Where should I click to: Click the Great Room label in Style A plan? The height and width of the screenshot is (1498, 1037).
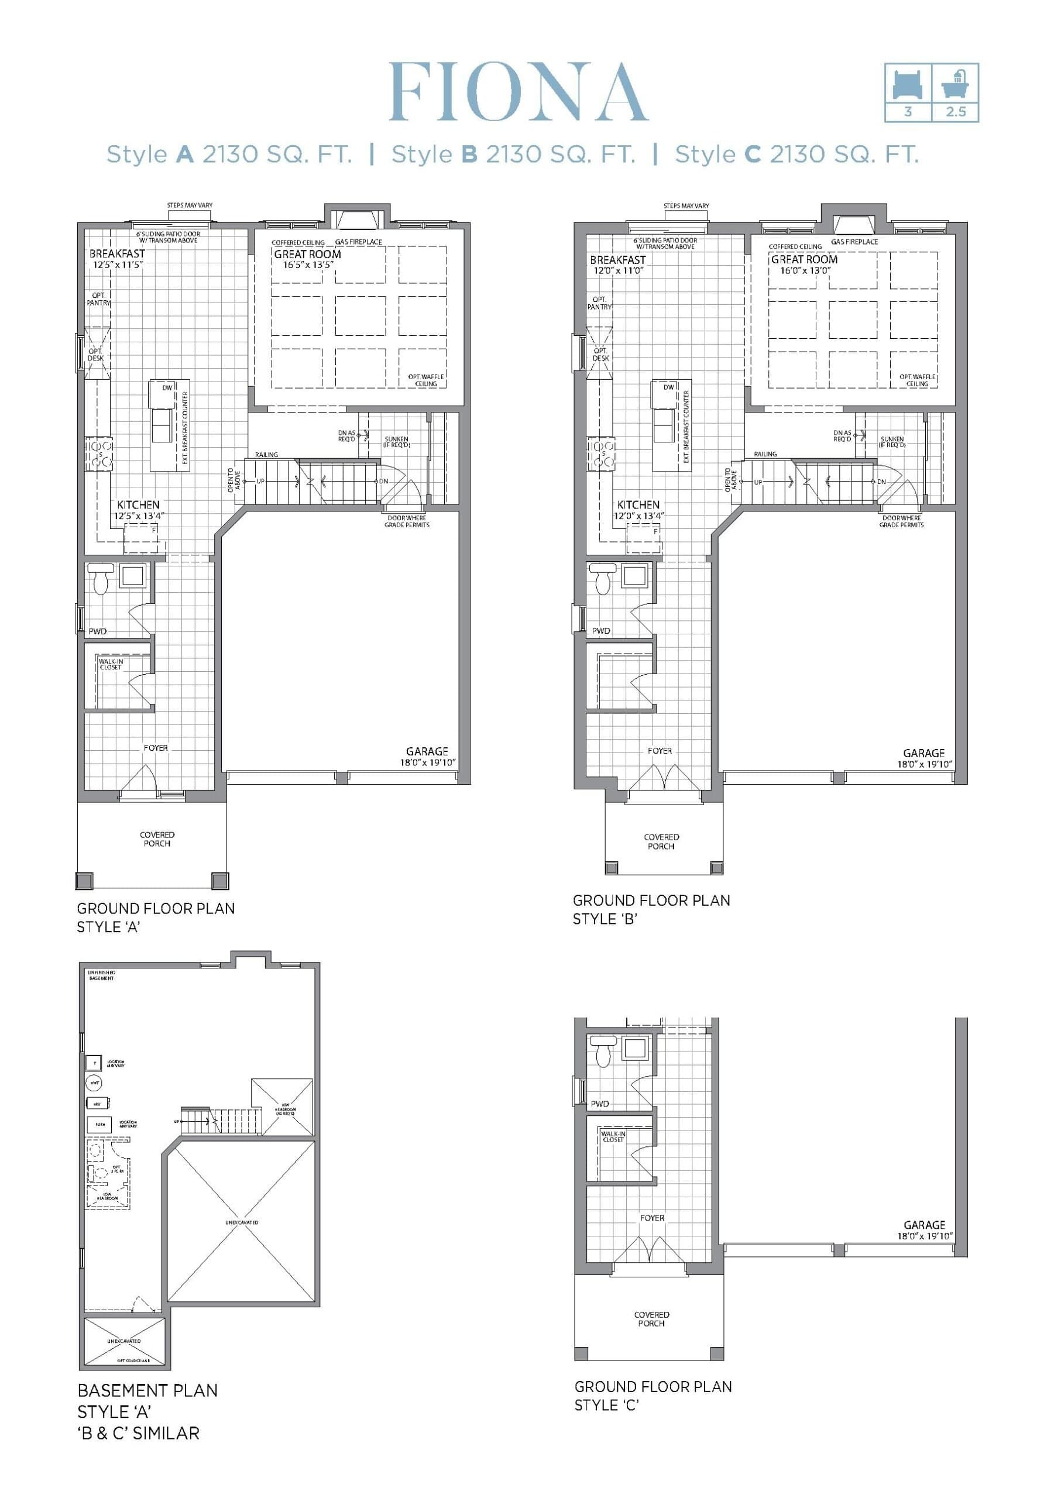coord(307,255)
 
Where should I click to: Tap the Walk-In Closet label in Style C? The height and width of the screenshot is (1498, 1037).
coord(613,1137)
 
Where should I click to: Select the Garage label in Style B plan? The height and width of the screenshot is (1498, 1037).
coord(923,754)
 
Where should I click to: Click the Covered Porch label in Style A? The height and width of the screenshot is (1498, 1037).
coord(157,839)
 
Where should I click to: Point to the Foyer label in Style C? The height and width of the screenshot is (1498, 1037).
coord(652,1218)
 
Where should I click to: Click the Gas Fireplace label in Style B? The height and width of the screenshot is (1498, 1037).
coord(854,242)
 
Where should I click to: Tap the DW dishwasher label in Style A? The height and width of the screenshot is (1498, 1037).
coord(167,388)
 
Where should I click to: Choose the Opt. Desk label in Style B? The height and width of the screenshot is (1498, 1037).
coord(600,354)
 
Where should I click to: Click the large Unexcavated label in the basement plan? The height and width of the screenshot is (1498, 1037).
coord(242,1222)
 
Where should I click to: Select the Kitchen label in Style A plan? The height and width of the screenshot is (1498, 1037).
coord(138,505)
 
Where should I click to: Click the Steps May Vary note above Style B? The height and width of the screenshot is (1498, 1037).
coord(686,206)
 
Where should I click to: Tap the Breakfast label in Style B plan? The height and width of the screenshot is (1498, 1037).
coord(617,260)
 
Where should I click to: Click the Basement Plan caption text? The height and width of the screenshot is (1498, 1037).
coord(147,1390)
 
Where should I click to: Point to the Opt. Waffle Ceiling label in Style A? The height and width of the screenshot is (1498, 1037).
coord(426,380)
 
